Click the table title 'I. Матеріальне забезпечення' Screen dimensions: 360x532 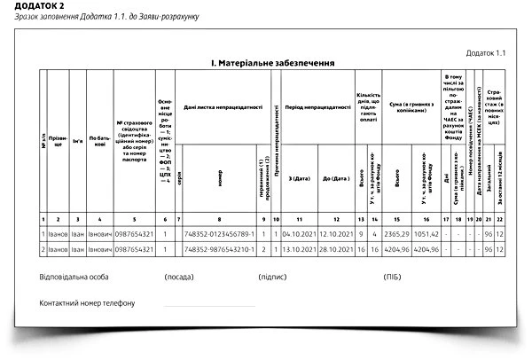(271, 64)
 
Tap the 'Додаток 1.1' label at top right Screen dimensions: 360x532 (486, 53)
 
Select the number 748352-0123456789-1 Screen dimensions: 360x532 (219, 234)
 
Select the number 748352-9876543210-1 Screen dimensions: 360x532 (219, 250)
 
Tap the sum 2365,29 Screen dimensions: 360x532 (400, 234)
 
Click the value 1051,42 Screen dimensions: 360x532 (426, 234)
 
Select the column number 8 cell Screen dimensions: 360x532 (219, 218)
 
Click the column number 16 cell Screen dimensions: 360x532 (426, 218)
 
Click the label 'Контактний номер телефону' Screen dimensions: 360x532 (87, 304)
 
